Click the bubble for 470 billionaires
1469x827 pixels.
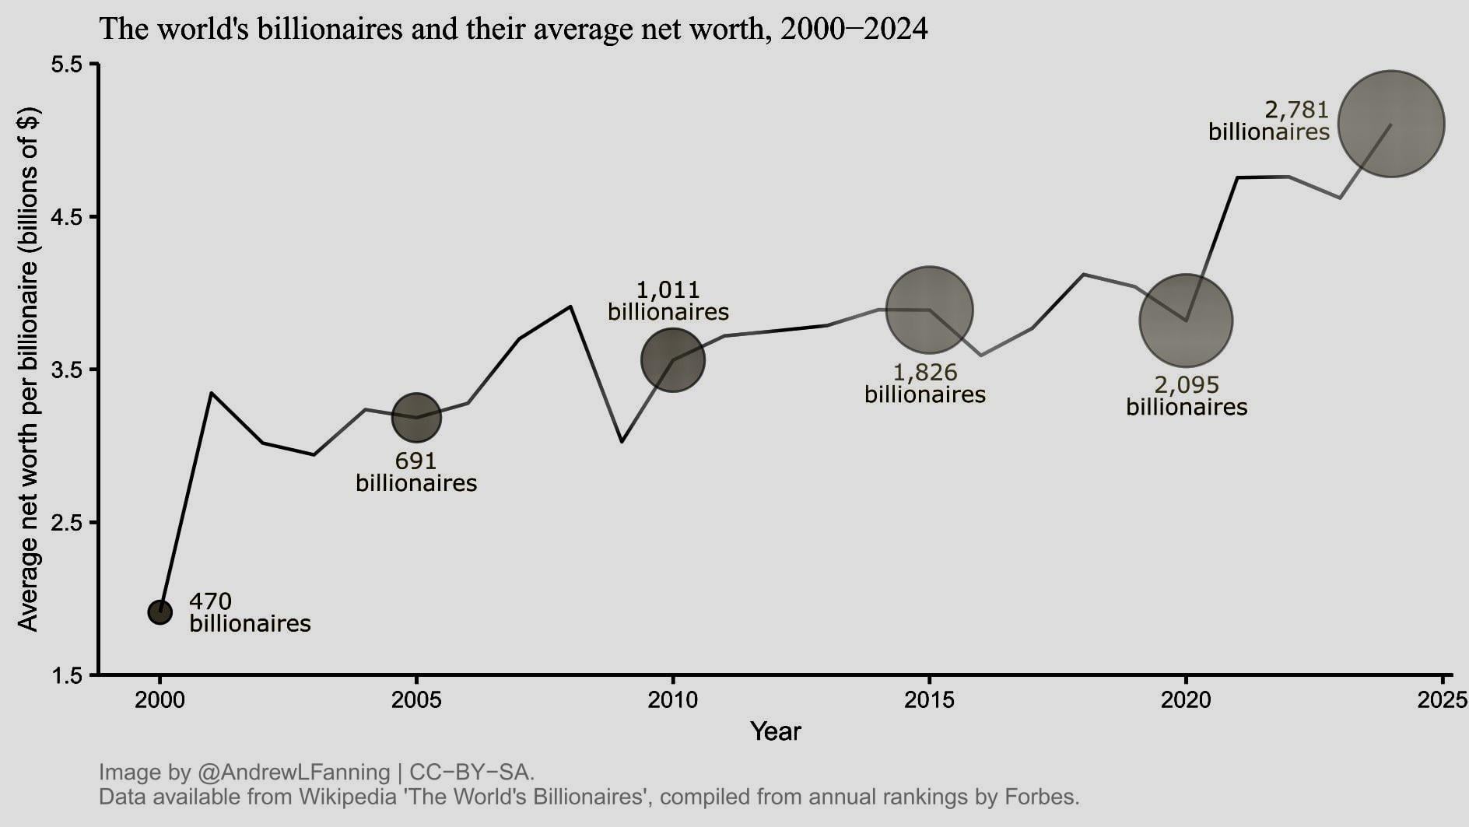160,612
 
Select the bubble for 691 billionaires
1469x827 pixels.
416,418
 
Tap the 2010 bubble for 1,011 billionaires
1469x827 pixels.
673,360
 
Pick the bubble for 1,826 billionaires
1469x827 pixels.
930,310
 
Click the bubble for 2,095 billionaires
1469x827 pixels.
1186,321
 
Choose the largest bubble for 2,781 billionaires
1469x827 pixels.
1391,124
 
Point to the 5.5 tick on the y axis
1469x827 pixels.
67,65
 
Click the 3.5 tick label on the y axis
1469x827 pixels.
67,370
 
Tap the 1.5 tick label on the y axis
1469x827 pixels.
67,675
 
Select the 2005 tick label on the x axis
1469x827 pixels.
416,700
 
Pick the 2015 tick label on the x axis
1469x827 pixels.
930,700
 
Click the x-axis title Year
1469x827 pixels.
775,731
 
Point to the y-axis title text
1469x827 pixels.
28,370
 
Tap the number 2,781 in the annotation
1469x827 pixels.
1296,110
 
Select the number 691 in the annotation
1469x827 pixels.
415,461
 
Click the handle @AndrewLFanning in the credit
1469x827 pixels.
293,773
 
